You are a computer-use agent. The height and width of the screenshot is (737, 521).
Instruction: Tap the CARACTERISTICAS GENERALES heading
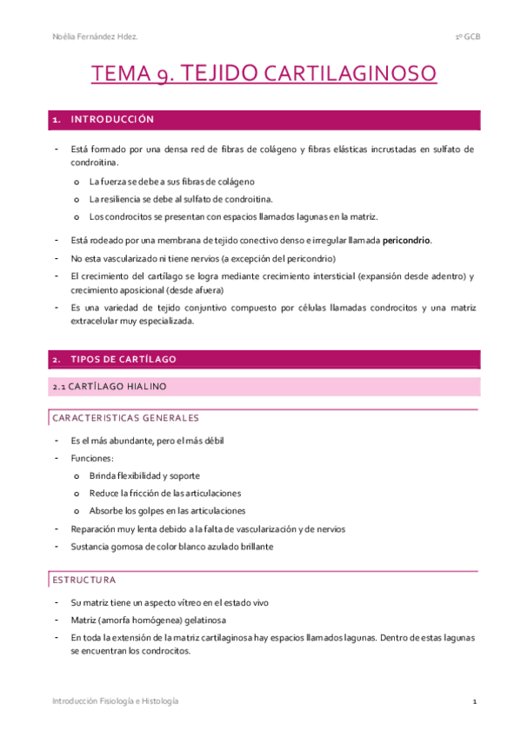(125, 418)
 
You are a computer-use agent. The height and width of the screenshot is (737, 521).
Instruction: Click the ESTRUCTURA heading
(83, 579)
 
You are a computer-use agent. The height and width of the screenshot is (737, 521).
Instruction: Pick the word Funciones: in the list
(93, 458)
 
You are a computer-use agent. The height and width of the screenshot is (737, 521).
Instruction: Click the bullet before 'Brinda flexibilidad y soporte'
(77, 476)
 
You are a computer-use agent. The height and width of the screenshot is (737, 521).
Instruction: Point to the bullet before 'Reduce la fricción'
(77, 494)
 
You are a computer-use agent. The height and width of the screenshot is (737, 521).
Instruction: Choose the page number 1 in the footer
(474, 700)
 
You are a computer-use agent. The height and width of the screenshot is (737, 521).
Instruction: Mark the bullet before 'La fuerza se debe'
(77, 182)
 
